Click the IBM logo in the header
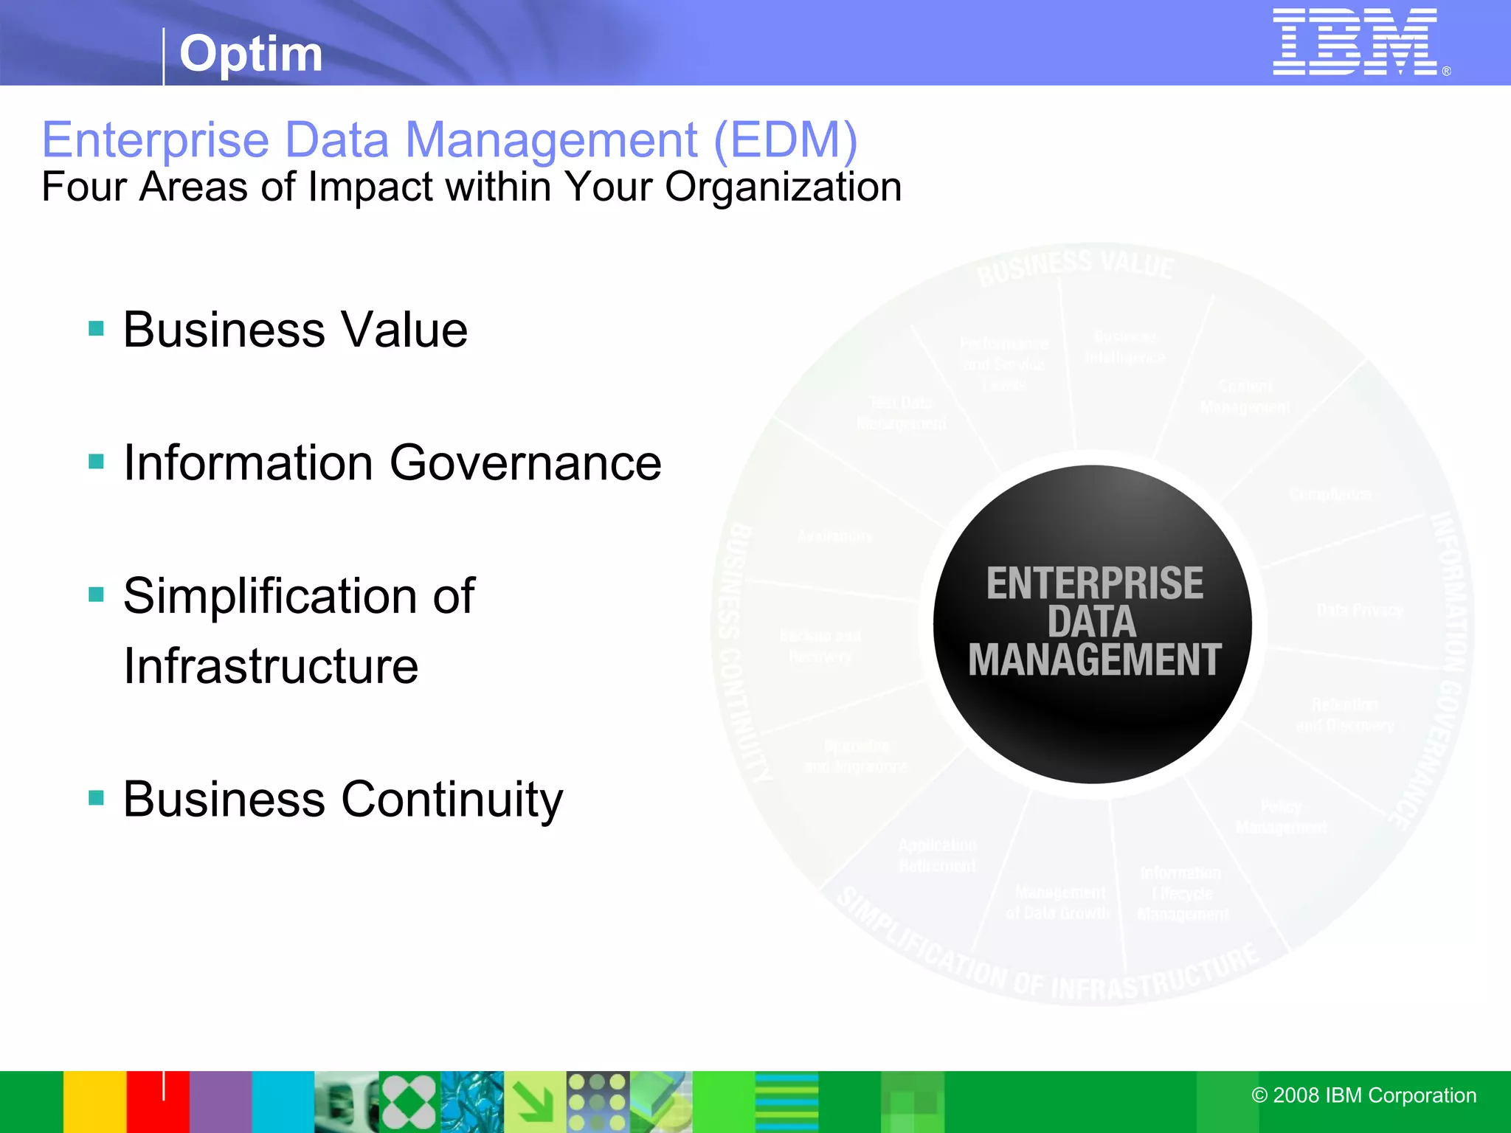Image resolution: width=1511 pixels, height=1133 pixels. (x=1355, y=42)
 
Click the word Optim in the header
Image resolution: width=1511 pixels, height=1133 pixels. (x=251, y=54)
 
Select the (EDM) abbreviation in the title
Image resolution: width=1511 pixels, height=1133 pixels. (x=785, y=139)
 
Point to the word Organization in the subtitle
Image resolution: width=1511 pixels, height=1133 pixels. (x=783, y=187)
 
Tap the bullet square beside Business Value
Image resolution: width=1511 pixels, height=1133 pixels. (x=96, y=328)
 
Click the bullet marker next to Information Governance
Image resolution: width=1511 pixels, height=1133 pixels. (x=96, y=462)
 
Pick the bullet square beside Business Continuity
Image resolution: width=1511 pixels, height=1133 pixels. (x=96, y=797)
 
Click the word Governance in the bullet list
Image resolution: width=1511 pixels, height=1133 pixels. (x=525, y=463)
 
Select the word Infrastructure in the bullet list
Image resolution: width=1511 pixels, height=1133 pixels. (x=271, y=666)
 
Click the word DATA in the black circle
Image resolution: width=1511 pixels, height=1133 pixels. (x=1092, y=621)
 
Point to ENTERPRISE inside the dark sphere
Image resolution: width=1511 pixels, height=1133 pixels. (x=1094, y=583)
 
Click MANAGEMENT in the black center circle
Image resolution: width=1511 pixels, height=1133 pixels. (x=1094, y=659)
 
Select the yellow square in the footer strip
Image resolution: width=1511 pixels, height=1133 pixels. (x=94, y=1102)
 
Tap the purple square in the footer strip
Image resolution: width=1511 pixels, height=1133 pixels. (x=221, y=1102)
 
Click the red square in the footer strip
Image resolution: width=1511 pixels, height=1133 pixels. (x=158, y=1102)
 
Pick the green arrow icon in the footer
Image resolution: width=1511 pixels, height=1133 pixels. (x=535, y=1102)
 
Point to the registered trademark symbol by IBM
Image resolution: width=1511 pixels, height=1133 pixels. (x=1447, y=72)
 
